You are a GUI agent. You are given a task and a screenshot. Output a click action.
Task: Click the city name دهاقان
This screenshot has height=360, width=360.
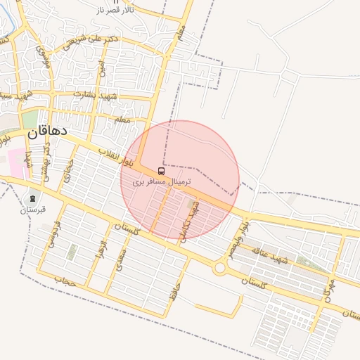[47, 131]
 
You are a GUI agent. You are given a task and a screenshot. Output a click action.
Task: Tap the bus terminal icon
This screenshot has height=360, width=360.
[162, 171]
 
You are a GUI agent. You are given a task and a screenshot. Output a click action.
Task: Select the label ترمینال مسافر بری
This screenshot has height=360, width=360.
[162, 181]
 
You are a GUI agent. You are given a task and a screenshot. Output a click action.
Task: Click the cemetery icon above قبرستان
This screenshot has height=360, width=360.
[32, 199]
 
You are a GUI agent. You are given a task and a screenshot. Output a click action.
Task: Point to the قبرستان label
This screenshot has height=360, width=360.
[32, 210]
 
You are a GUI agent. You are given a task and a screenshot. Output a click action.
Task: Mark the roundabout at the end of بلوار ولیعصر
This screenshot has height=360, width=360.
[220, 268]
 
